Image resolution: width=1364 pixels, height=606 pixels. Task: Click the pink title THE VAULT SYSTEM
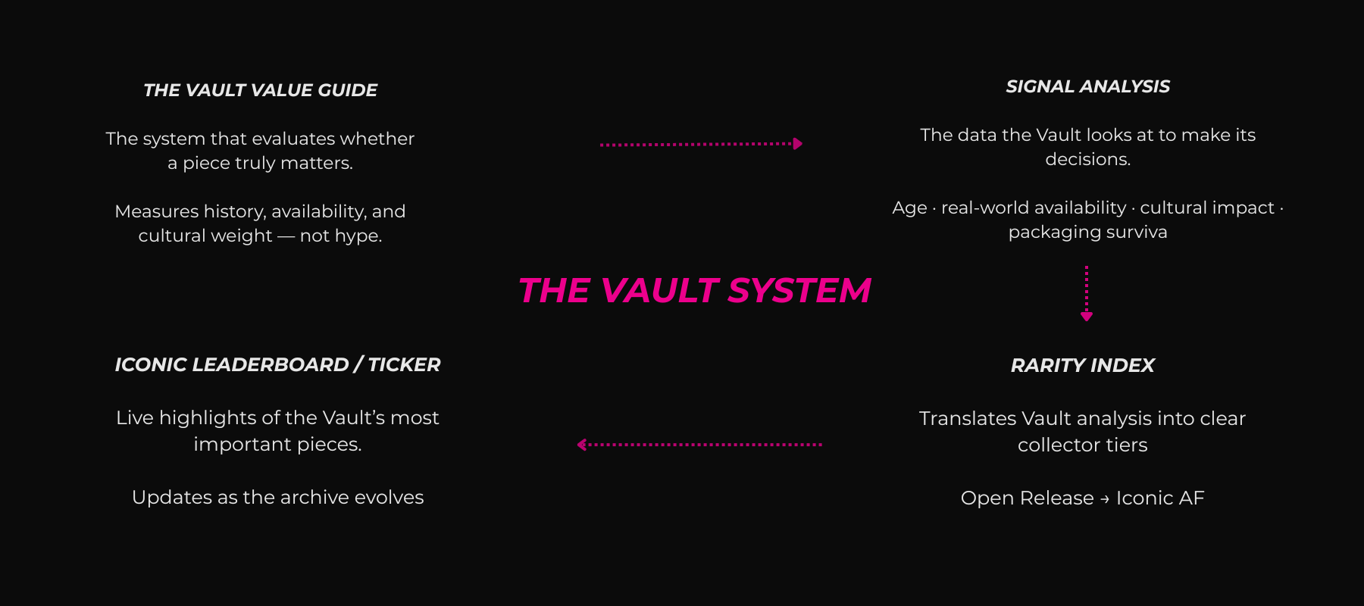pyautogui.click(x=694, y=291)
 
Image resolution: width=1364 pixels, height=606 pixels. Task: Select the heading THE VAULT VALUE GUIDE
pyautogui.click(x=260, y=90)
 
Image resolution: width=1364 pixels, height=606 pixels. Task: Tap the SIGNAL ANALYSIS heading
pyautogui.click(x=1087, y=86)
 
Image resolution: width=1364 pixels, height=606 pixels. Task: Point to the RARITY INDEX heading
pyautogui.click(x=1082, y=365)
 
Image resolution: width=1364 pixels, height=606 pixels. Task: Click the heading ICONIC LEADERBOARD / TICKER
pyautogui.click(x=277, y=364)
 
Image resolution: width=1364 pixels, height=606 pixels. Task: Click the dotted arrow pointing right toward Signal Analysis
pyautogui.click(x=700, y=144)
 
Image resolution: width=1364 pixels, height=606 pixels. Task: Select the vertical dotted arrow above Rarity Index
pyautogui.click(x=1087, y=293)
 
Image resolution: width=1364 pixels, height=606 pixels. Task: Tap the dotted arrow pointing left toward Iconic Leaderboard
pyautogui.click(x=699, y=445)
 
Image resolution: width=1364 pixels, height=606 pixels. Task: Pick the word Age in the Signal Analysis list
pyautogui.click(x=909, y=208)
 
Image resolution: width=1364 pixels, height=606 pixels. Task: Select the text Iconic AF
pyautogui.click(x=1159, y=498)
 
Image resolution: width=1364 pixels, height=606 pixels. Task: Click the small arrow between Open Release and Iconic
pyautogui.click(x=1105, y=498)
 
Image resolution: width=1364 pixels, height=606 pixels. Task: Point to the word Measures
pyautogui.click(x=156, y=211)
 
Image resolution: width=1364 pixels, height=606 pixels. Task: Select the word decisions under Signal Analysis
pyautogui.click(x=1087, y=159)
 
